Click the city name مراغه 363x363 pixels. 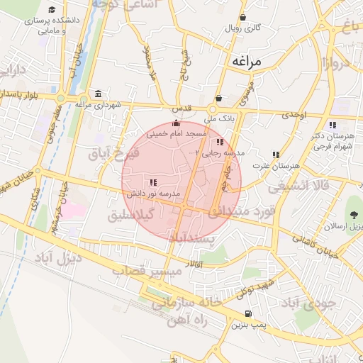(x=246, y=62)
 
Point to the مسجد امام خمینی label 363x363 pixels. (x=177, y=133)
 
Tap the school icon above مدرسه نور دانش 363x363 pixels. (x=154, y=183)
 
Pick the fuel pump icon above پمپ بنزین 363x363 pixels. (x=247, y=313)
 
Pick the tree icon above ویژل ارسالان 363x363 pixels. (x=352, y=216)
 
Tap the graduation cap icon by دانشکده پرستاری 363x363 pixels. (x=52, y=10)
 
